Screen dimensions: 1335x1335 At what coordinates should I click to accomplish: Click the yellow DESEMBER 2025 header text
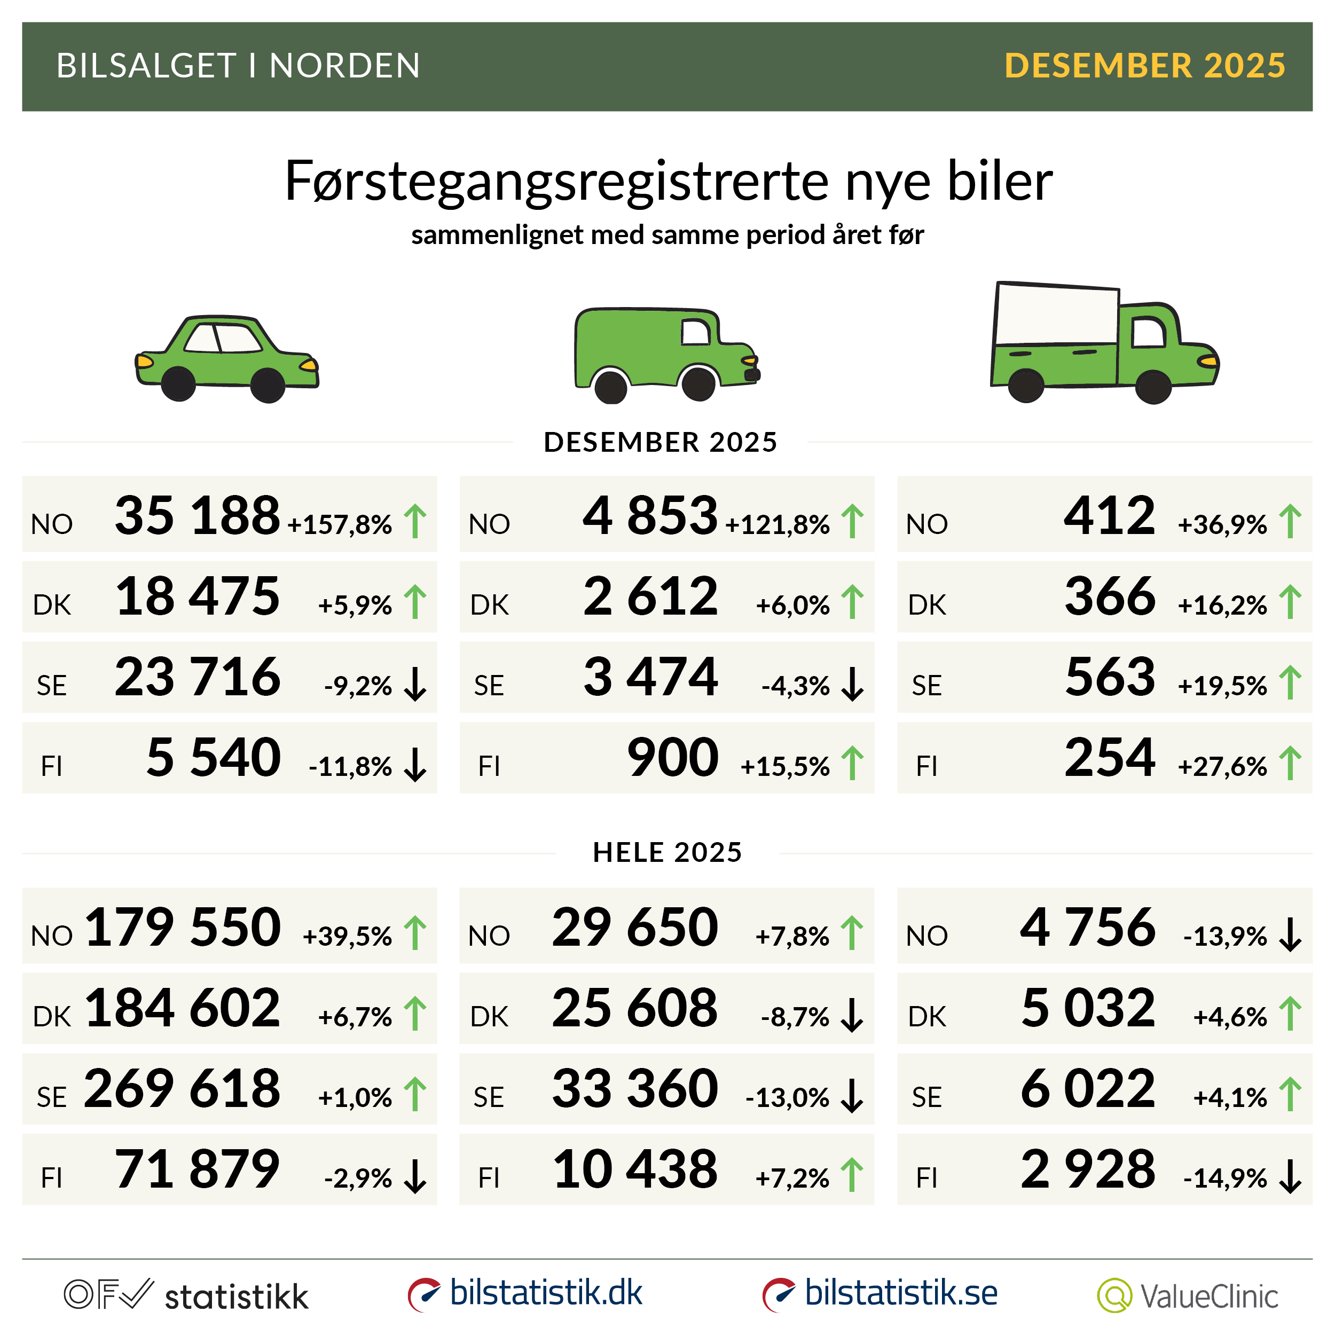[x=1144, y=66]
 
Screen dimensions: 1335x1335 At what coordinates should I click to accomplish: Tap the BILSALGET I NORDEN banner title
[x=238, y=66]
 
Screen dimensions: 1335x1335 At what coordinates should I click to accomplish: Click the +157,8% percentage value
[x=340, y=524]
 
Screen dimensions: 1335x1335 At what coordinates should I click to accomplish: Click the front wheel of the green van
[x=698, y=383]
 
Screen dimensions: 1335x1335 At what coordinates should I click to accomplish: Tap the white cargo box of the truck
[x=1056, y=315]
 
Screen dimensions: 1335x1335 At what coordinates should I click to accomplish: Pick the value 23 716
[x=198, y=677]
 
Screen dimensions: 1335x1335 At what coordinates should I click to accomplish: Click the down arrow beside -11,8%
[x=415, y=764]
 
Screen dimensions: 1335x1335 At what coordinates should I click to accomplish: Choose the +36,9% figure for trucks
[x=1222, y=524]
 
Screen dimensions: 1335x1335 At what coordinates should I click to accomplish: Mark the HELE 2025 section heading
[x=667, y=853]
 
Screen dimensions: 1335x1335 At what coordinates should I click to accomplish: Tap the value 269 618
[x=183, y=1088]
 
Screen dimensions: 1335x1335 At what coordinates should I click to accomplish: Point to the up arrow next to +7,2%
[x=852, y=1175]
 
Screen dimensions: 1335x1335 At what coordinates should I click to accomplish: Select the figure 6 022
[x=1088, y=1088]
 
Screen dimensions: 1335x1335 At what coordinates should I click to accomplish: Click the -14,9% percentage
[x=1225, y=1178]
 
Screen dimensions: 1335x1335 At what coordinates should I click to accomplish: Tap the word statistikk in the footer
[x=237, y=1297]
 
